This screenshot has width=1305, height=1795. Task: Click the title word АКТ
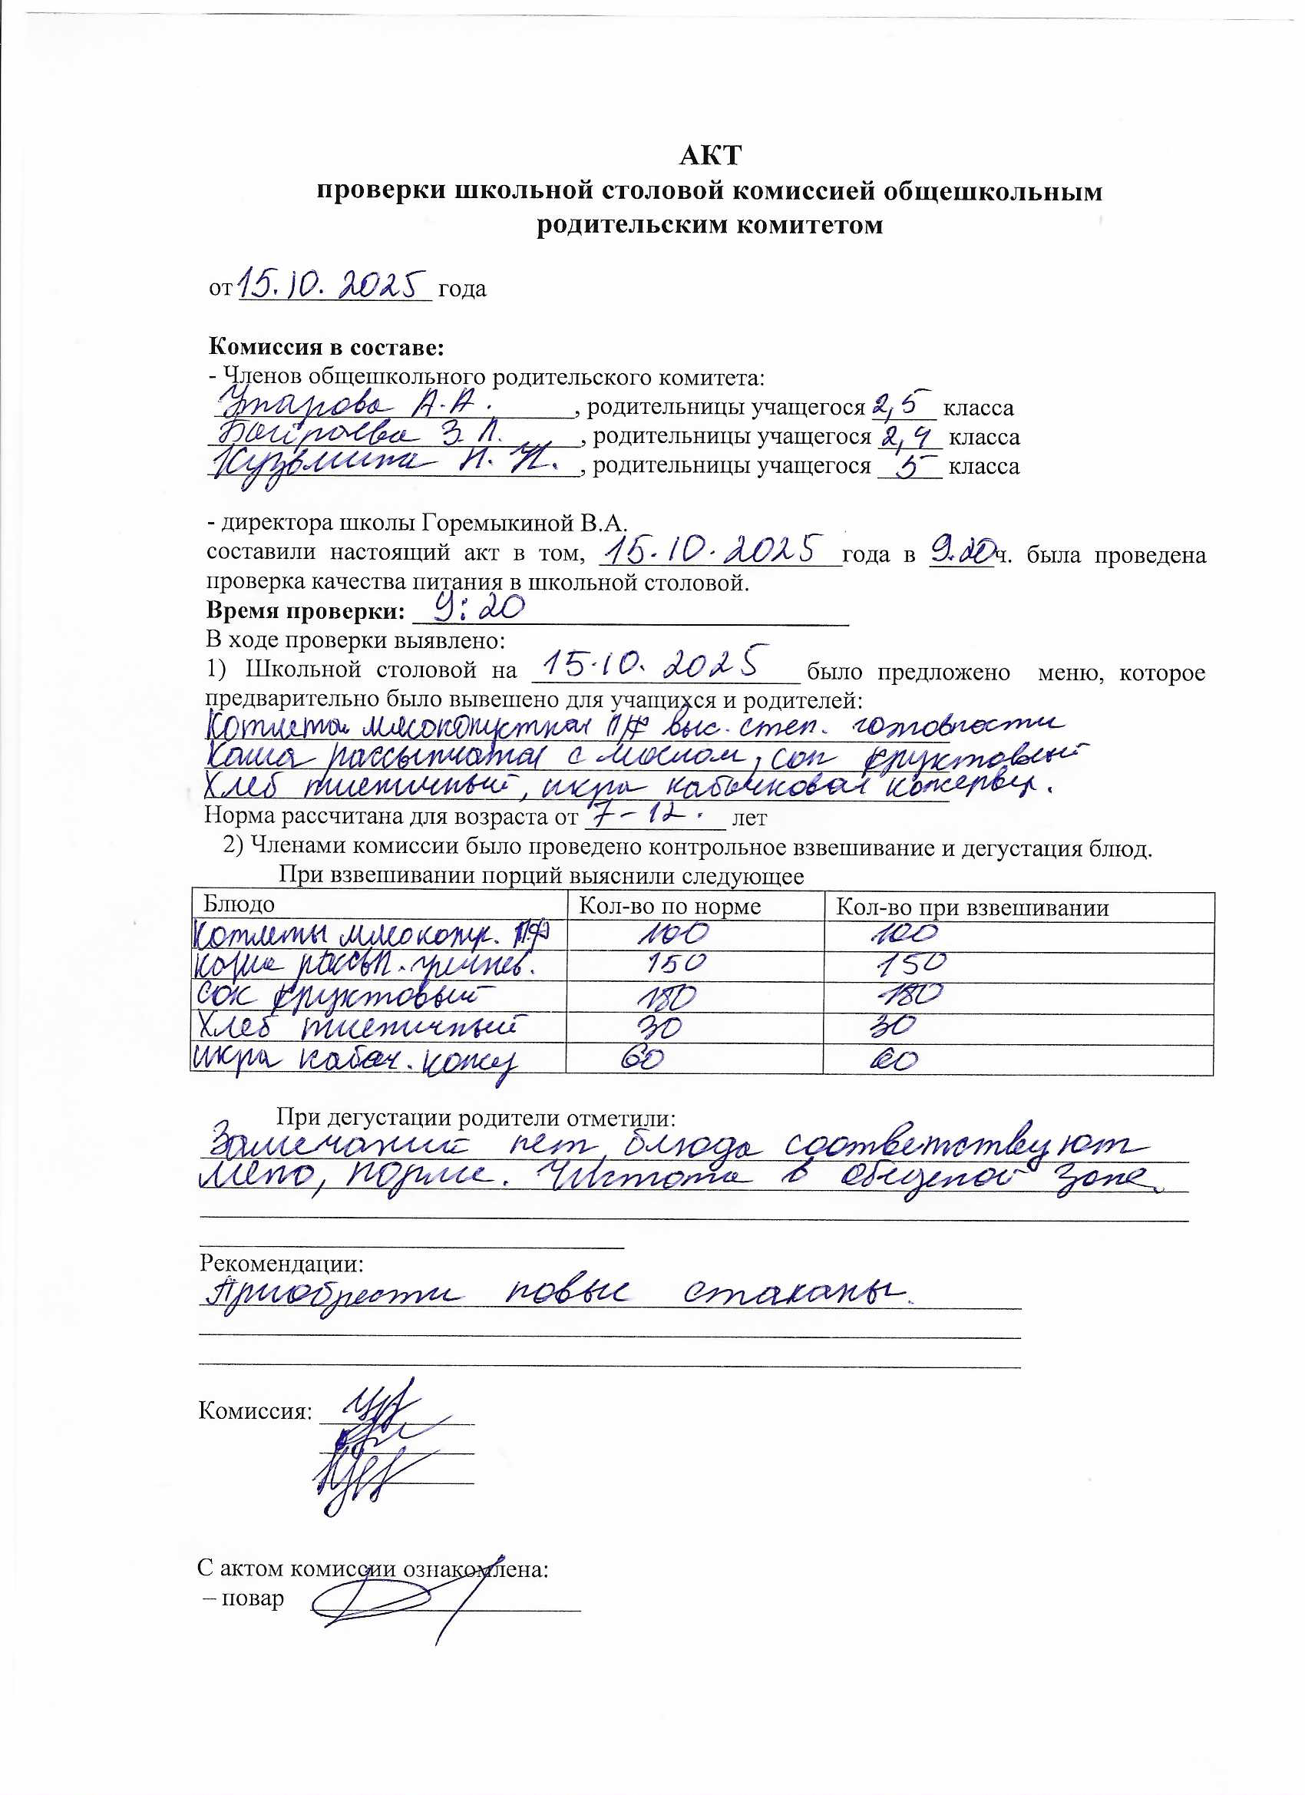click(710, 155)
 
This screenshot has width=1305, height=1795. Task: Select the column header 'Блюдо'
click(239, 904)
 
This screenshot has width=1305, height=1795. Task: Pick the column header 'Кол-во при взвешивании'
click(972, 907)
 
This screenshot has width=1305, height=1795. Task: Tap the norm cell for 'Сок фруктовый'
click(666, 997)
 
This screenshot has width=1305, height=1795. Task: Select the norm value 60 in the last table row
click(642, 1059)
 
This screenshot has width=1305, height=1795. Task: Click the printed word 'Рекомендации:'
click(281, 1263)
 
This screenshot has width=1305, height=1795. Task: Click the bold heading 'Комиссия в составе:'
click(326, 347)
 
